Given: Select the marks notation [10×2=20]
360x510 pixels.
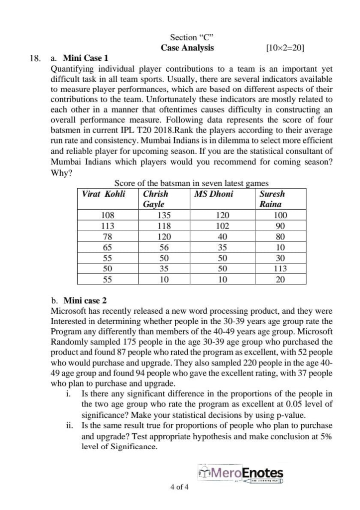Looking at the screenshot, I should click(285, 48).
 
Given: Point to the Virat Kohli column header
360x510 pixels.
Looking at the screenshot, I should click(103, 194).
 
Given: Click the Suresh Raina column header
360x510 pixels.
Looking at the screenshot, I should click(272, 199).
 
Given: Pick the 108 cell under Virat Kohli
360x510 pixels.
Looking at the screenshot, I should click(107, 216).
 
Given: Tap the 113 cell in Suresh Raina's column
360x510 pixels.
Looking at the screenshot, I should click(280, 268).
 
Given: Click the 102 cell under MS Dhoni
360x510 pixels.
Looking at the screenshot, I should click(223, 226).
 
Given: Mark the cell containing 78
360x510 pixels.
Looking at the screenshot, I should click(107, 237).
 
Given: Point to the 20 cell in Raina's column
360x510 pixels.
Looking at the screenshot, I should click(280, 279).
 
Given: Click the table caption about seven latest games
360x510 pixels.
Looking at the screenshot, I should click(191, 183).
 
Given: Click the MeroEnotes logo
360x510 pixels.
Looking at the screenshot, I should click(240, 473).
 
